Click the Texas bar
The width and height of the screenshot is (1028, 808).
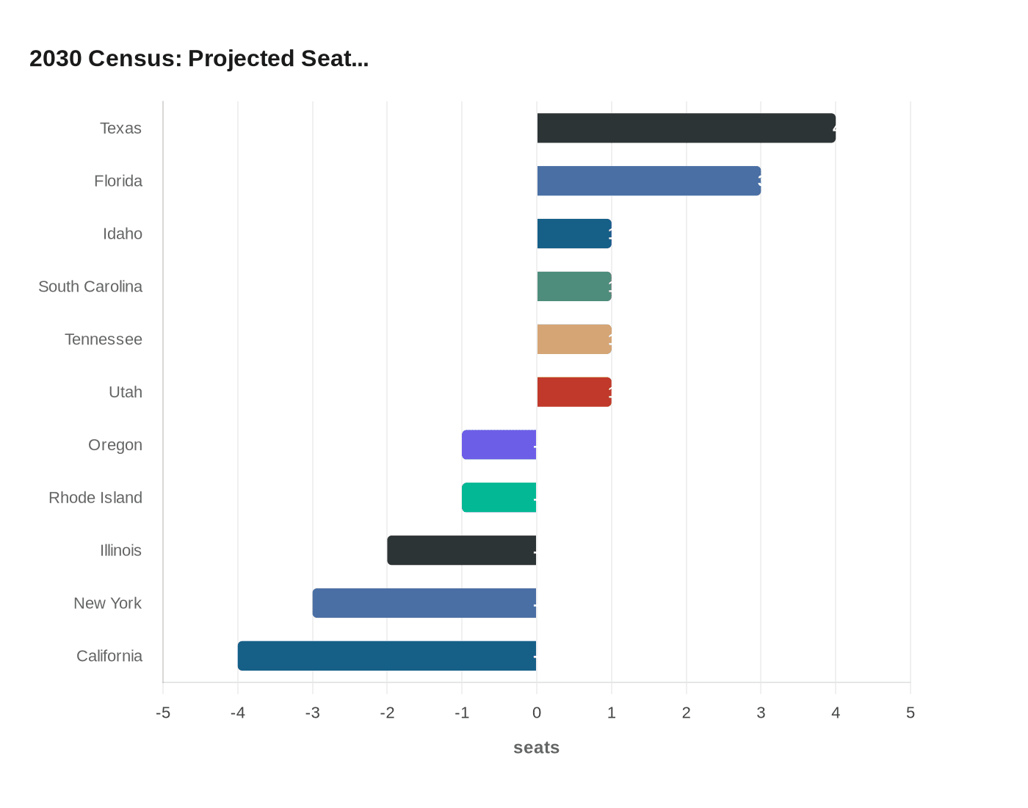686,128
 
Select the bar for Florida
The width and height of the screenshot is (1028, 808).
648,181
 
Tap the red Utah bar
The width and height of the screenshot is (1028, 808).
574,392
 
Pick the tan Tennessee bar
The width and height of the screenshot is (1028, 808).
574,339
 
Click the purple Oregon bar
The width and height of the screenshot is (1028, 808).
499,444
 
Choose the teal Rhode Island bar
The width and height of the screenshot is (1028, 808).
499,497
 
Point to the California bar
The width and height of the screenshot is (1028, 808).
387,656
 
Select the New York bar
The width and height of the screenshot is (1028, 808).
424,603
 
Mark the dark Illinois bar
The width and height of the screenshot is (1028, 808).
462,550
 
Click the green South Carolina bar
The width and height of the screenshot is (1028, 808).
574,286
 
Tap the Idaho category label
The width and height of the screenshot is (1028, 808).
123,234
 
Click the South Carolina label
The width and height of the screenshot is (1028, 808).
90,286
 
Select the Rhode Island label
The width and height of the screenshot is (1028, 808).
95,497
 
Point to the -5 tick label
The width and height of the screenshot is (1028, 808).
163,713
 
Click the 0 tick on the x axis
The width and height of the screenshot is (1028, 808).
537,713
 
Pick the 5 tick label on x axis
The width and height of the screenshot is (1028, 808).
911,713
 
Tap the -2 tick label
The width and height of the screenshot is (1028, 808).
387,713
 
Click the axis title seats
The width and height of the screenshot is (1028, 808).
536,748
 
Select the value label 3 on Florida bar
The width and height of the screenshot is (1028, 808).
759,181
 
